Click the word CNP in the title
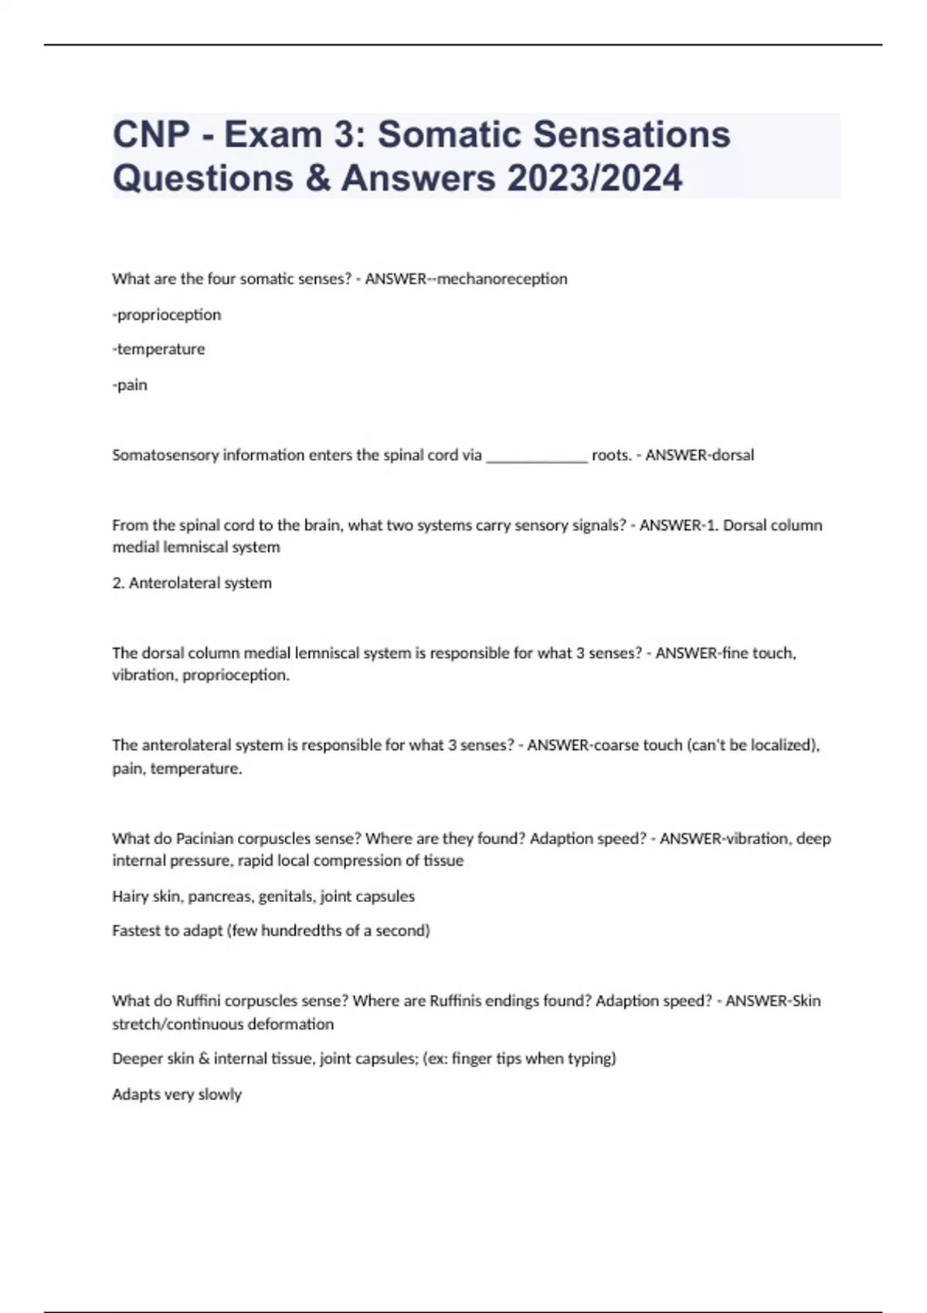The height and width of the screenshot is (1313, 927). (152, 134)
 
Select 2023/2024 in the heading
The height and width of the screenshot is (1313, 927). (595, 178)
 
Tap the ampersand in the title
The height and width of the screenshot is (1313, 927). (317, 178)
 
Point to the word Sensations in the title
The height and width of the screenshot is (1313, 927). (632, 134)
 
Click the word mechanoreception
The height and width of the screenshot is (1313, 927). (502, 279)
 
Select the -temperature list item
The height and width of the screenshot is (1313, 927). (158, 349)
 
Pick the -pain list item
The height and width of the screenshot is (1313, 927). (130, 385)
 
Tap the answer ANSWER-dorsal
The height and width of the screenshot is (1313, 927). (699, 455)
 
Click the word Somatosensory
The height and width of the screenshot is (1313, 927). (165, 455)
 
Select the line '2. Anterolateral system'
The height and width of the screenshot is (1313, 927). (192, 583)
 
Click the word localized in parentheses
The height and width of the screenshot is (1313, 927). (781, 745)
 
